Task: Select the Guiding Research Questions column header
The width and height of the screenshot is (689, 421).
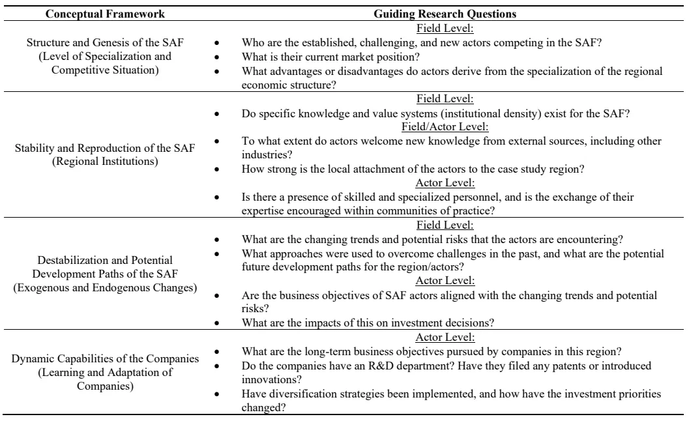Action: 444,13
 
